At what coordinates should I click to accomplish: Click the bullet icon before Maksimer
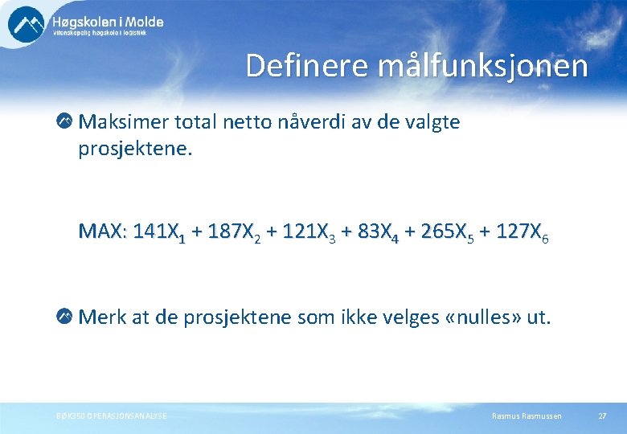(64, 122)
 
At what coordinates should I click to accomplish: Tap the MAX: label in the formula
(102, 231)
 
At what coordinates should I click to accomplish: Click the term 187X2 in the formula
(234, 232)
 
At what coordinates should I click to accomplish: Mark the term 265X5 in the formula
(447, 232)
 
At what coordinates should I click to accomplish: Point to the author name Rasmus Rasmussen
(527, 416)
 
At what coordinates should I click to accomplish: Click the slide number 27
(602, 416)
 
